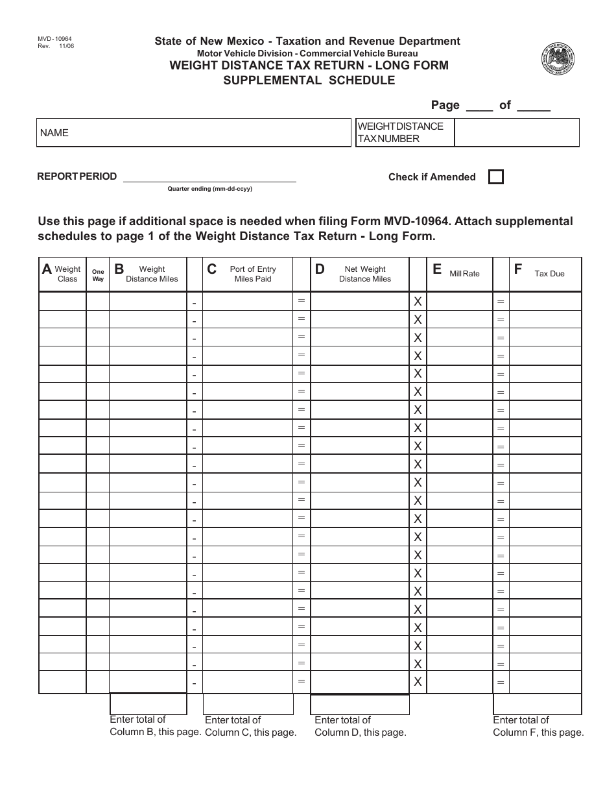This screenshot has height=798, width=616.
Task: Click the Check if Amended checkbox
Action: click(x=495, y=177)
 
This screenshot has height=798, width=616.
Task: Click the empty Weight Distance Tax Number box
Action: click(x=516, y=132)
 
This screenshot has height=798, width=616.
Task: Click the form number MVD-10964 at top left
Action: click(x=55, y=40)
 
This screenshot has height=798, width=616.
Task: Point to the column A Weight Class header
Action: click(x=62, y=274)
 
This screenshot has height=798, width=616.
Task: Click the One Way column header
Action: click(x=98, y=275)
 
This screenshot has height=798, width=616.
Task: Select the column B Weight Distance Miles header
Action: click(x=148, y=274)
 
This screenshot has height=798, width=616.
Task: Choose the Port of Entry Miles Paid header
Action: click(x=248, y=274)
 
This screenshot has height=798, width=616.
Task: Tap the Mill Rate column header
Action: click(x=460, y=274)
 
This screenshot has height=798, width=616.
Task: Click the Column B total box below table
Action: click(x=148, y=704)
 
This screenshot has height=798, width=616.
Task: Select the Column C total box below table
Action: click(x=248, y=704)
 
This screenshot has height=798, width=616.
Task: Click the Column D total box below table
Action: click(x=360, y=704)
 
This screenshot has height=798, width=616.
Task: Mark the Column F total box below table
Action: click(x=538, y=704)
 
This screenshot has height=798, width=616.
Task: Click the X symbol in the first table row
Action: click(x=418, y=302)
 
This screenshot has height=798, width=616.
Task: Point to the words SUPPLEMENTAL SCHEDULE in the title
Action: click(x=309, y=81)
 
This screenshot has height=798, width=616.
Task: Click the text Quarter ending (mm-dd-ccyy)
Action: click(x=209, y=189)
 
